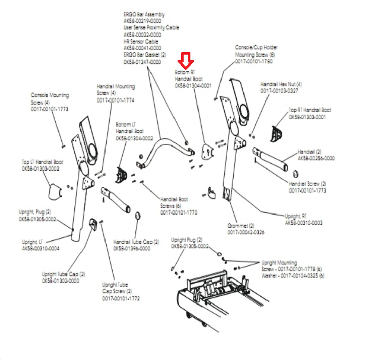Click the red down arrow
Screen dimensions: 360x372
click(x=186, y=60)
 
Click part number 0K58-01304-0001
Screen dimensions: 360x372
click(x=193, y=86)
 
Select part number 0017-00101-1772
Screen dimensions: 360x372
click(x=121, y=298)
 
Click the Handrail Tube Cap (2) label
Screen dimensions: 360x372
click(x=136, y=242)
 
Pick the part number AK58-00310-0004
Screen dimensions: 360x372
click(x=41, y=249)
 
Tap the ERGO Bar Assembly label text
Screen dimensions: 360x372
click(x=144, y=15)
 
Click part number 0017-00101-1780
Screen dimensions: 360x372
click(x=254, y=61)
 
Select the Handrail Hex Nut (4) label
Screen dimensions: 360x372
click(x=281, y=84)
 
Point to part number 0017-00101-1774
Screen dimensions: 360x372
click(x=116, y=100)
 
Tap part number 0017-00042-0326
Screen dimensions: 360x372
click(x=246, y=232)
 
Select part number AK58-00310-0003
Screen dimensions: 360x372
click(x=304, y=223)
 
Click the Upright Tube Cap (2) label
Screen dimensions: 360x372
click(x=63, y=274)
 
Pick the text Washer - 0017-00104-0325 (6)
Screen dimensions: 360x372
click(x=293, y=276)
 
